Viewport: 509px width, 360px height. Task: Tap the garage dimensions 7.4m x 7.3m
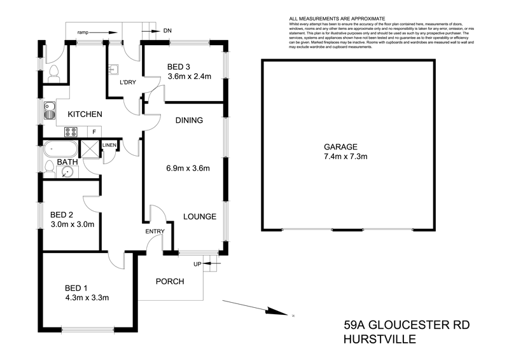[x=346, y=156]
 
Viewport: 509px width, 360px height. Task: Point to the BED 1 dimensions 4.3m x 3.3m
[x=88, y=296]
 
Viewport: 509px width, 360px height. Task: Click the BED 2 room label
[x=64, y=214]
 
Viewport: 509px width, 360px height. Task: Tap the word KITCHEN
[x=85, y=114]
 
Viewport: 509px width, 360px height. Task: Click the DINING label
[x=189, y=120]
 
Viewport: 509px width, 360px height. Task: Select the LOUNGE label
[x=200, y=216]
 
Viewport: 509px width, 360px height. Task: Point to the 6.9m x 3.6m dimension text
[x=188, y=169]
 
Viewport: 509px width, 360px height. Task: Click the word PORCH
[x=170, y=281]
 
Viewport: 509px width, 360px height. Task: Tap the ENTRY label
[x=155, y=231]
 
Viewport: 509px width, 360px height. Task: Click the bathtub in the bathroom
[x=60, y=149]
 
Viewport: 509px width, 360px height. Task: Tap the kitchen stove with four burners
[x=71, y=132]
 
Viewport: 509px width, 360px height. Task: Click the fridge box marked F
[x=94, y=132]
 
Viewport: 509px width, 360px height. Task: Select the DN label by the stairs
[x=167, y=30]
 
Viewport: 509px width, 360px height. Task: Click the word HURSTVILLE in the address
[x=380, y=340]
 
